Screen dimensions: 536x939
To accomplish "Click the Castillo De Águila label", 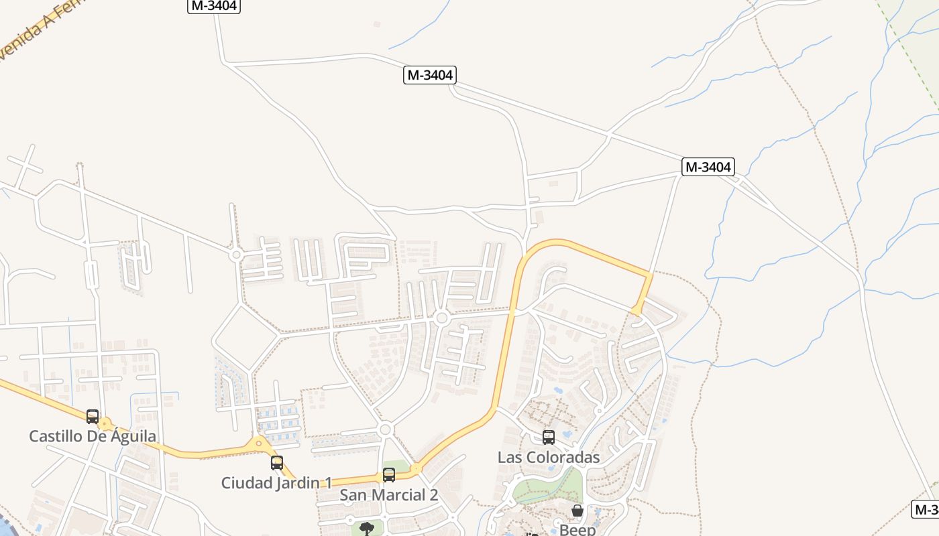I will point(93,436).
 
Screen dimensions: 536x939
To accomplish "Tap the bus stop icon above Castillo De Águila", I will point(93,416).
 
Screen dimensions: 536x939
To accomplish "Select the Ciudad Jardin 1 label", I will point(276,482).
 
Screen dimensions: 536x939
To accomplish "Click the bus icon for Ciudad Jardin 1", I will point(276,462).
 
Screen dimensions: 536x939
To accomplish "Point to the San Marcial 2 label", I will point(389,495).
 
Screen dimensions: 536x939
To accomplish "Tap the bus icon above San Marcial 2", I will point(389,475).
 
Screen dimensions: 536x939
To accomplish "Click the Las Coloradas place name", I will point(549,457).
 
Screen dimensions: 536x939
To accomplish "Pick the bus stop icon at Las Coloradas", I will point(549,438).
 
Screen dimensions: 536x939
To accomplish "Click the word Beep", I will point(577,530).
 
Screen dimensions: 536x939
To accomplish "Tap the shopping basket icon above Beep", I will point(577,511).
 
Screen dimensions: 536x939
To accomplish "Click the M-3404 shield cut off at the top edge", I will point(213,5).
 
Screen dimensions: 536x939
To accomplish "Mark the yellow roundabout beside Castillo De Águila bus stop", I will point(104,424).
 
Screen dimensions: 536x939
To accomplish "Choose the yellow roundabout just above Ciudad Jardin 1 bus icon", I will point(259,443).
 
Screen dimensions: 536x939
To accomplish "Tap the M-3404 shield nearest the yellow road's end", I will point(708,167).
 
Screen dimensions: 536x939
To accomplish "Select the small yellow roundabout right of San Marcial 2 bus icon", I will point(417,469).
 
